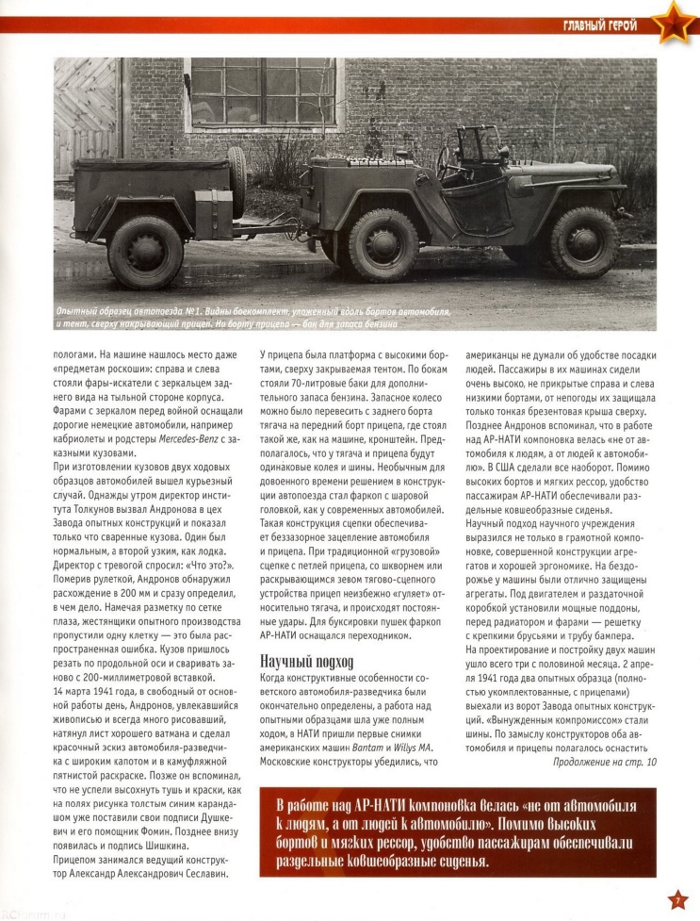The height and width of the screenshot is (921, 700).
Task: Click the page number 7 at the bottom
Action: pyautogui.click(x=677, y=900)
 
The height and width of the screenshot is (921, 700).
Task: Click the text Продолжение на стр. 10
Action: pyautogui.click(x=604, y=761)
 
